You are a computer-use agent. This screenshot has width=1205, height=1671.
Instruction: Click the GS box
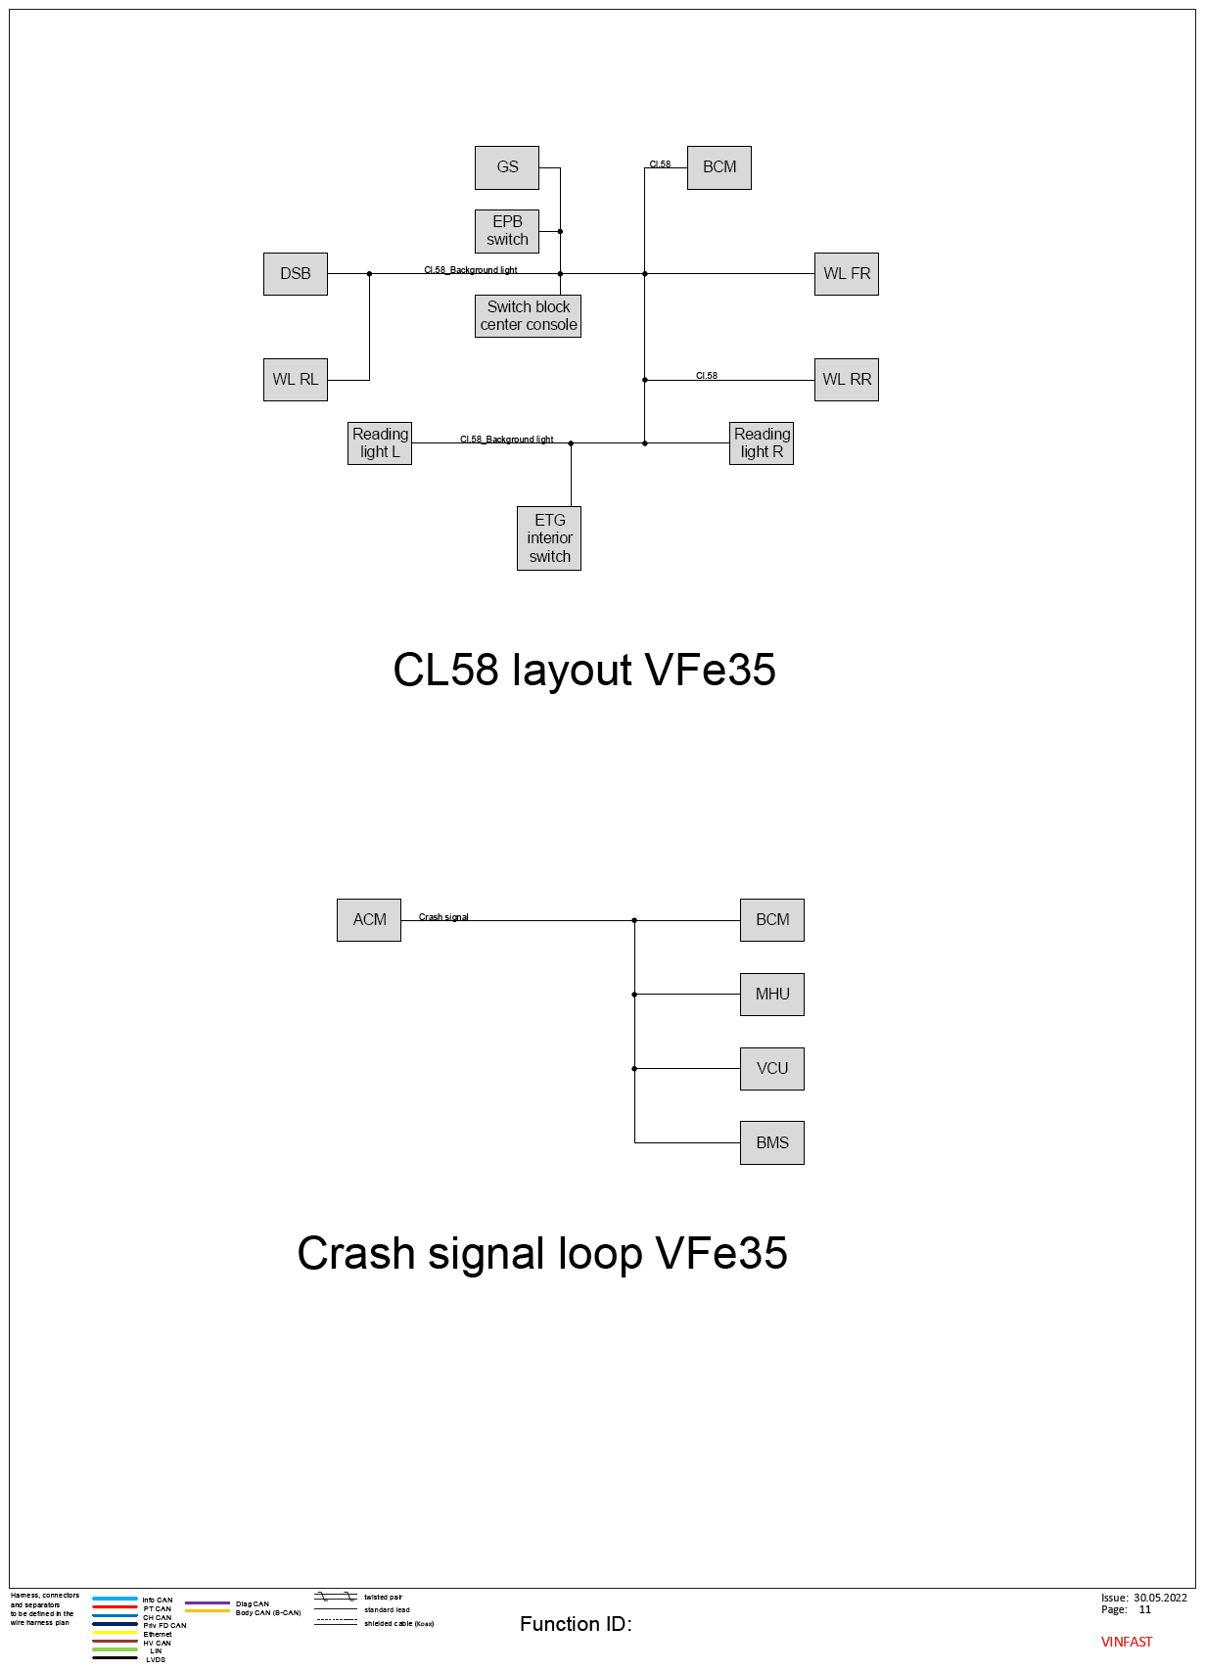[507, 167]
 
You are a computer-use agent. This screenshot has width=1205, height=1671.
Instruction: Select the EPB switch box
[507, 231]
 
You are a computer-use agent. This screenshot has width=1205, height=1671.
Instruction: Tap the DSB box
[296, 274]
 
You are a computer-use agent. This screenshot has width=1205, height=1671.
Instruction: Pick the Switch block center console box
[528, 316]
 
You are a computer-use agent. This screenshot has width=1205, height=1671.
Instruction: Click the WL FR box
[846, 274]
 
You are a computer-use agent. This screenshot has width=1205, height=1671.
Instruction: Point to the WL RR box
[846, 380]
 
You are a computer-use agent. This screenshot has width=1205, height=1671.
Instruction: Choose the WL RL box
[296, 380]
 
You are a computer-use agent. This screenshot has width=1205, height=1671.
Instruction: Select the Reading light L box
[380, 443]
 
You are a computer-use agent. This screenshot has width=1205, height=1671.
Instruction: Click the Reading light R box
[761, 443]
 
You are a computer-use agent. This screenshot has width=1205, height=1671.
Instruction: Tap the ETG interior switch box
[549, 538]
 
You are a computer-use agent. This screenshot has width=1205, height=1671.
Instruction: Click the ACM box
[369, 920]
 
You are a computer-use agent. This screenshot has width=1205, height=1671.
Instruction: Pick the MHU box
[772, 995]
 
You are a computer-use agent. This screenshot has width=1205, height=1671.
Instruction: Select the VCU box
[772, 1068]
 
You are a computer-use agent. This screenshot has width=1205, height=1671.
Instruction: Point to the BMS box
[772, 1142]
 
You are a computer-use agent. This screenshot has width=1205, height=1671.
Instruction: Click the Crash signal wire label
[443, 917]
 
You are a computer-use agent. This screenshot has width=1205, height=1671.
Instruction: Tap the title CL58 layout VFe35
[584, 670]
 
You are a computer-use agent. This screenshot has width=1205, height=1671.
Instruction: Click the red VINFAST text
[1127, 1642]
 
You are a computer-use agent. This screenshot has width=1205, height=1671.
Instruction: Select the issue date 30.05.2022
[1160, 1598]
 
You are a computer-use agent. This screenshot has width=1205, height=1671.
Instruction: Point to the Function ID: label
[576, 1624]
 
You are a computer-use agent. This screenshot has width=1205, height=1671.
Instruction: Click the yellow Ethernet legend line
[115, 1632]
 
